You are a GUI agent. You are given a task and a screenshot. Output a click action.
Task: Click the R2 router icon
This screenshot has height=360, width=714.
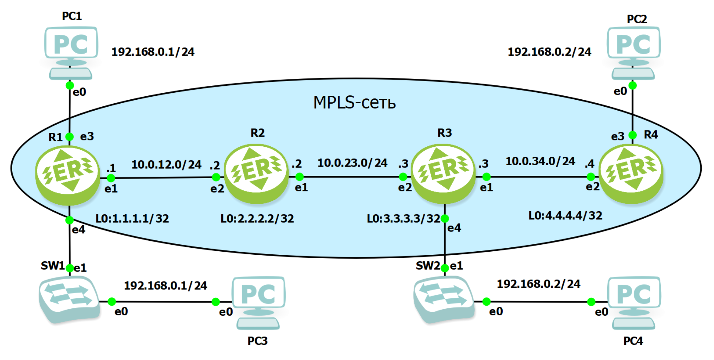tap(256, 173)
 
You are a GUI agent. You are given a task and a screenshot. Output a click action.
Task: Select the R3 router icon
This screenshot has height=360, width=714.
tap(443, 173)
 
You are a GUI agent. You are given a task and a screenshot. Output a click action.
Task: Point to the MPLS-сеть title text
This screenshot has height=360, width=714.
tap(354, 102)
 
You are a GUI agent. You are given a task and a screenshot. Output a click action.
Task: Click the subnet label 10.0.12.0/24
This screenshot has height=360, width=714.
tap(166, 165)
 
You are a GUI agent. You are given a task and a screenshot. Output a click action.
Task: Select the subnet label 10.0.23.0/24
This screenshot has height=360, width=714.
tap(352, 163)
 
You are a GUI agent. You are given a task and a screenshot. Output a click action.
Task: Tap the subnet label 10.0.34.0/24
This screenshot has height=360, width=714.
tap(540, 161)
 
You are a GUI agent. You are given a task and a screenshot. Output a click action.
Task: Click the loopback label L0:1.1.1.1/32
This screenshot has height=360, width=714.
tap(132, 219)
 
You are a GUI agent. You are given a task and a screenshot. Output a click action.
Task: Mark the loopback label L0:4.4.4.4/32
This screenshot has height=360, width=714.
tap(565, 216)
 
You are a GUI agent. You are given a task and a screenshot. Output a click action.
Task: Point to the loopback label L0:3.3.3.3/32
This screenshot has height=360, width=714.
tap(403, 219)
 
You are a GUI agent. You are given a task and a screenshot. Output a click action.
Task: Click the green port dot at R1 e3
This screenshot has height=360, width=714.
tap(70, 136)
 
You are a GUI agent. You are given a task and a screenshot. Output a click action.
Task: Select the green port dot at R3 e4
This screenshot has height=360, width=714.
tap(445, 219)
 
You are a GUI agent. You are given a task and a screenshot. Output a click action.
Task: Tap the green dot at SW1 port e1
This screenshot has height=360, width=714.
tap(70, 268)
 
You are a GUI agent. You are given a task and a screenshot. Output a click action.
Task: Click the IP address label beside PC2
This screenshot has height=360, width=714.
tap(549, 52)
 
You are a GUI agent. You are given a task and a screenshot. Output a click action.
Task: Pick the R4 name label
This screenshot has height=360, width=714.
tap(651, 135)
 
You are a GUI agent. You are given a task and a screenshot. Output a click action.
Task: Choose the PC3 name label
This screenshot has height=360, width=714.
tap(257, 341)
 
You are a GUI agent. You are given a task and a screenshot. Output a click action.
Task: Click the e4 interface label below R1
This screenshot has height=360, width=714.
tap(79, 230)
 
